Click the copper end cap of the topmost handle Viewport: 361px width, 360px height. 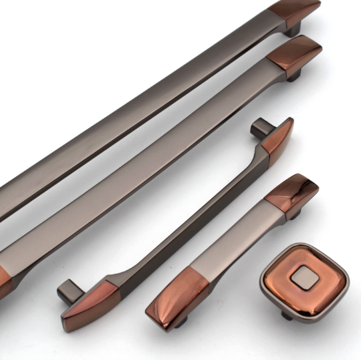(294, 14)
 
